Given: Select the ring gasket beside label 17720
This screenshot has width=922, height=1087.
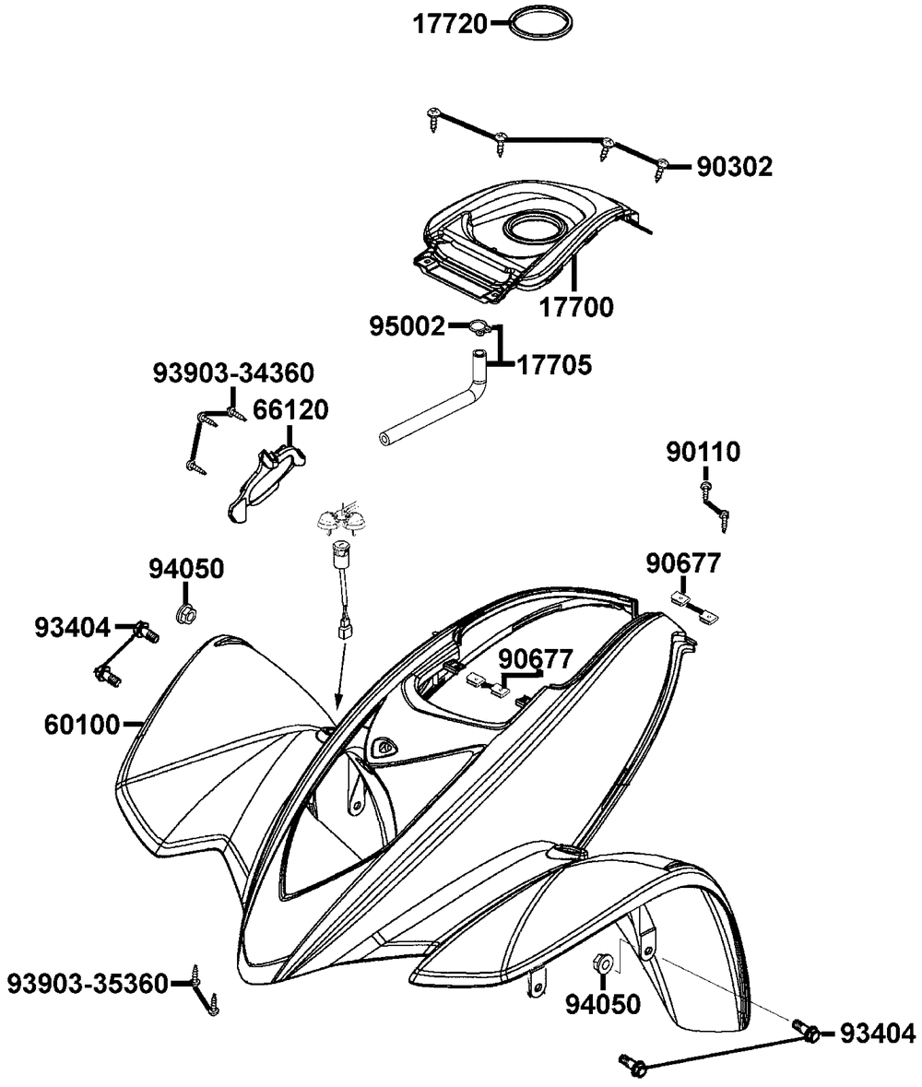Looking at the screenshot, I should [x=542, y=23].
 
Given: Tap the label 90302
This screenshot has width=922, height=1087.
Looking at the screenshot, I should [x=734, y=167].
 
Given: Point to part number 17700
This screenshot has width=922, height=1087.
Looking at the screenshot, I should [x=576, y=306].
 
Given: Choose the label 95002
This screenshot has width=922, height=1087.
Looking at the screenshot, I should [x=407, y=326].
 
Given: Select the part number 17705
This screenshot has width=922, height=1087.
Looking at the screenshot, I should [x=554, y=364].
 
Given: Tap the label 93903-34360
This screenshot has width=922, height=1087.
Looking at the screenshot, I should [x=233, y=372].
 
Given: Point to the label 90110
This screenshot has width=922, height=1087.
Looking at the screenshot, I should [x=703, y=452].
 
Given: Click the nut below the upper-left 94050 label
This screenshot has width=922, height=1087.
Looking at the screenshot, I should [x=184, y=613].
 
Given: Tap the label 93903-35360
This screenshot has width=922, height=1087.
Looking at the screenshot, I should [x=89, y=984].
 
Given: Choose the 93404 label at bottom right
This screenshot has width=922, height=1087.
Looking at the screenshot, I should [x=877, y=1034].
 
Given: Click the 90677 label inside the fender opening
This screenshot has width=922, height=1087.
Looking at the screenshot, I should [x=535, y=658].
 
